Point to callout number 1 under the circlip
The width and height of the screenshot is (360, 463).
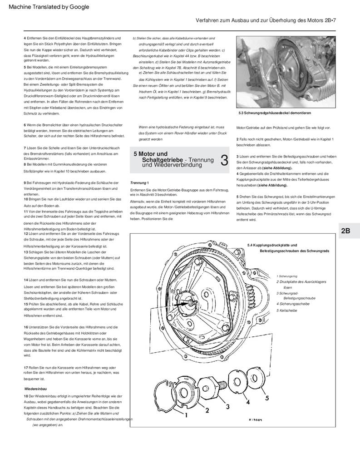186,414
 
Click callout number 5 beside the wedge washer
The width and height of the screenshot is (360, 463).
267,398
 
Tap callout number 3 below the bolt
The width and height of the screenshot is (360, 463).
227,406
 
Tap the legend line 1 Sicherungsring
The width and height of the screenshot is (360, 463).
286,276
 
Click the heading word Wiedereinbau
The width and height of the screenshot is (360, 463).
35,389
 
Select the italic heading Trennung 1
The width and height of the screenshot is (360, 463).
139,182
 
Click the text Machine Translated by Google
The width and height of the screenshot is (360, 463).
46,7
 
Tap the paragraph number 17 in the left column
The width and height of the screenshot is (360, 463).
26,367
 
